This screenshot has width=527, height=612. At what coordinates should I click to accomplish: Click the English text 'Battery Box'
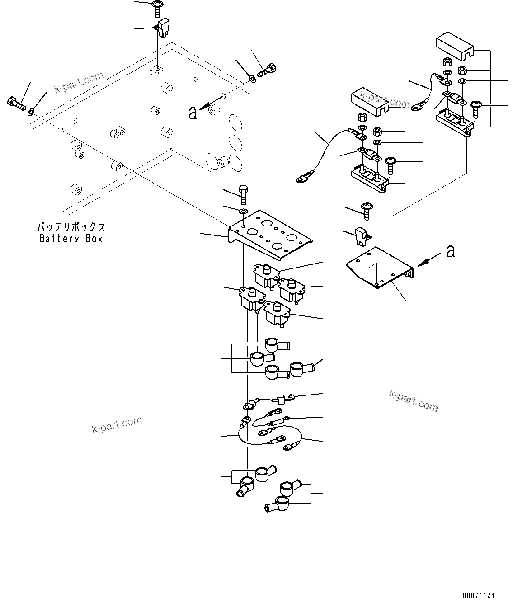click(71, 239)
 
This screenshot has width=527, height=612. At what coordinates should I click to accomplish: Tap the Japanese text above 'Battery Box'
click(71, 226)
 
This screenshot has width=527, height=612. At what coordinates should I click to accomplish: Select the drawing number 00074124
click(478, 596)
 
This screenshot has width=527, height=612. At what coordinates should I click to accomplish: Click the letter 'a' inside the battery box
click(193, 113)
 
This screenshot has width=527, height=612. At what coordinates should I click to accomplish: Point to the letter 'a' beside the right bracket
click(450, 251)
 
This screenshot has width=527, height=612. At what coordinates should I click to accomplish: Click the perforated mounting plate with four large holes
click(270, 234)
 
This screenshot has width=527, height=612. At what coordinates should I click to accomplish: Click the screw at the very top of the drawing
click(158, 6)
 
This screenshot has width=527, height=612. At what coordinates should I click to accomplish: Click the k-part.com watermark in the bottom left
click(117, 424)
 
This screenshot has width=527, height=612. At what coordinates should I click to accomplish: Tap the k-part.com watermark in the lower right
click(413, 401)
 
